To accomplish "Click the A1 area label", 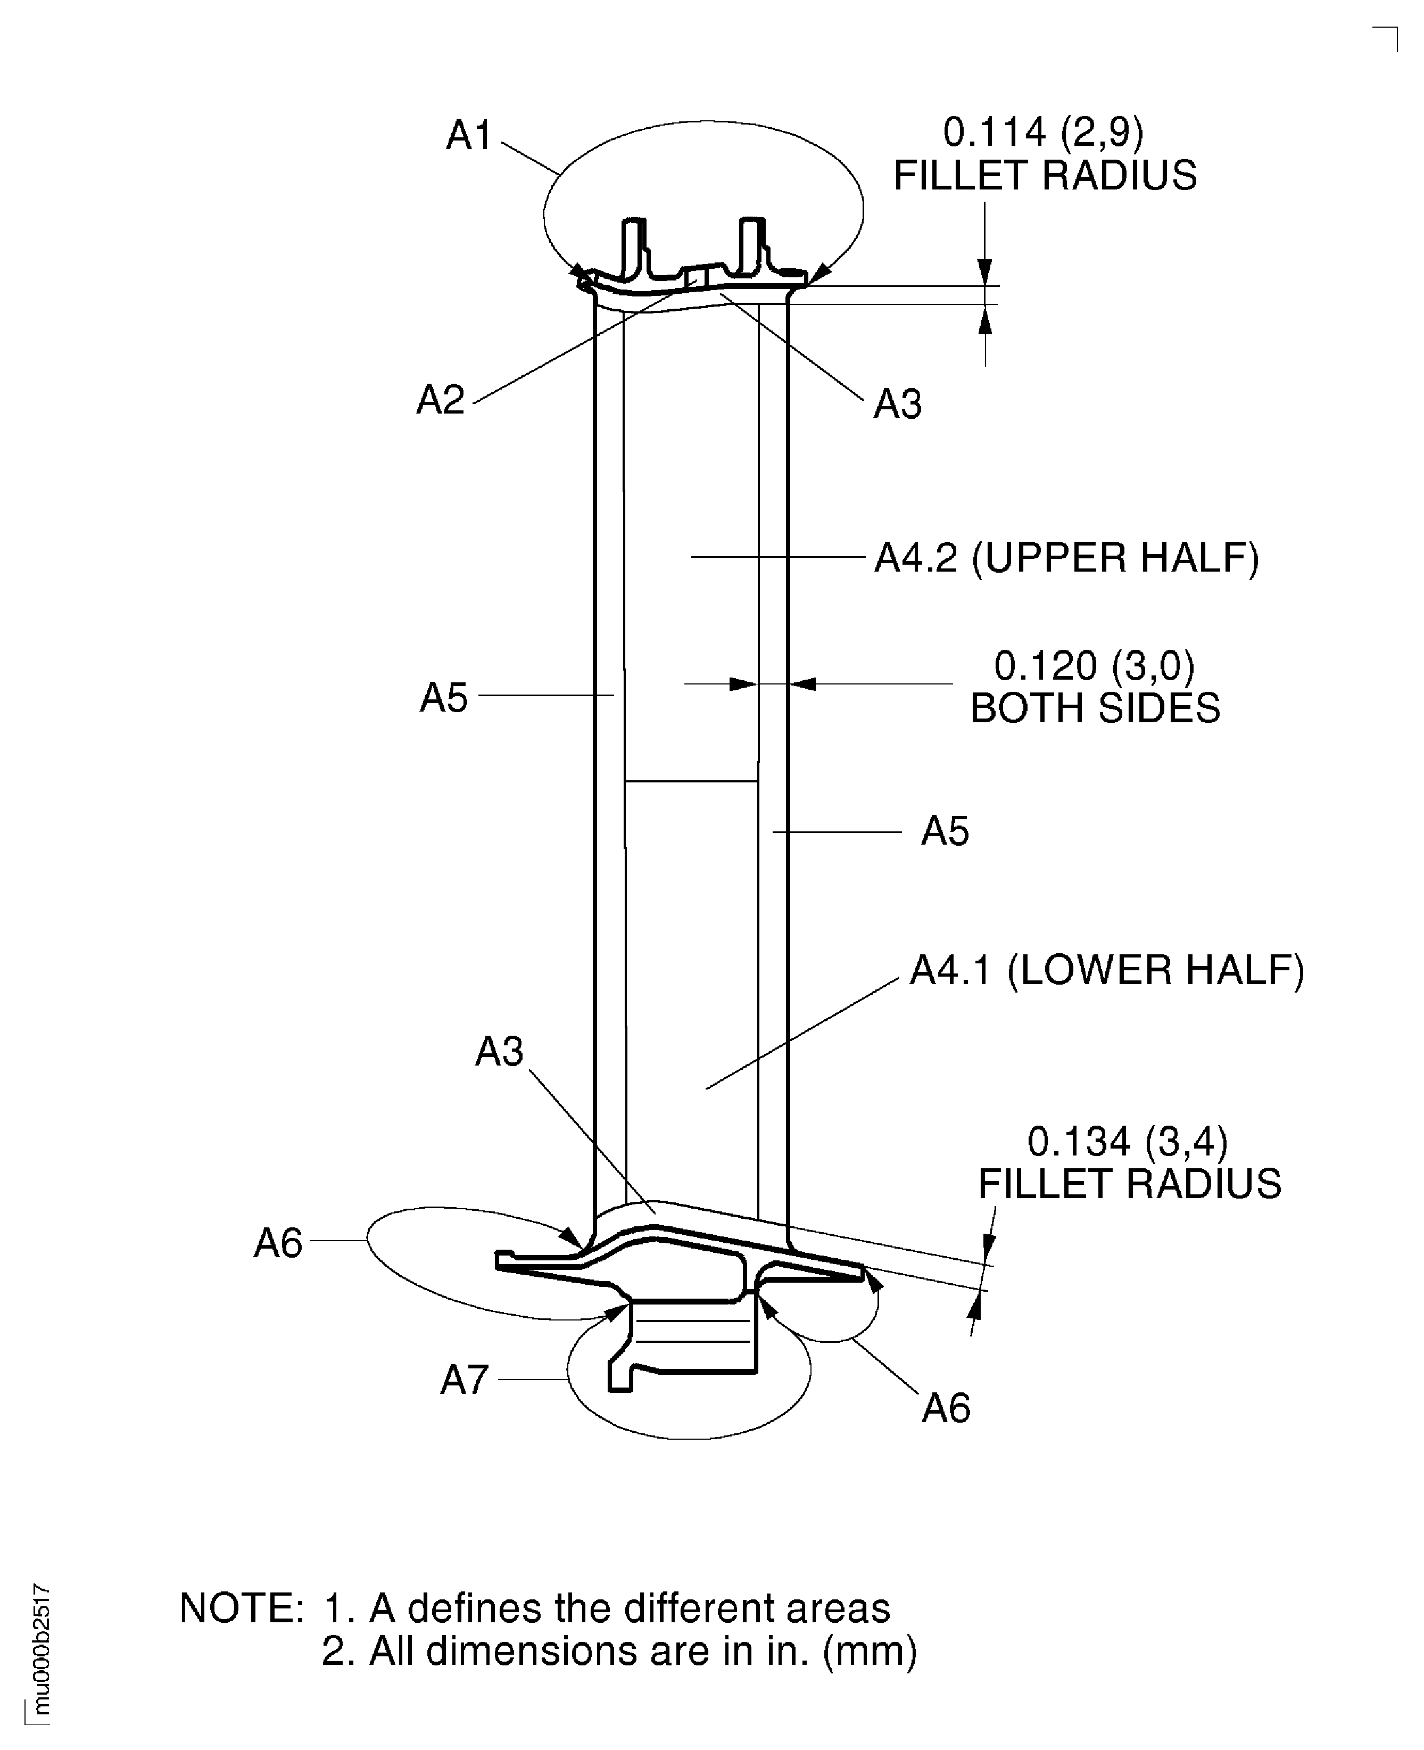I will click(x=468, y=135).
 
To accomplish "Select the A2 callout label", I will click(x=441, y=400).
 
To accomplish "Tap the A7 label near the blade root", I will click(x=464, y=1380).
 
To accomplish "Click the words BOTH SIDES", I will click(x=1095, y=708).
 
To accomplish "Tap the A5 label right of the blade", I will click(x=945, y=831).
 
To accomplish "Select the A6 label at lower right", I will click(x=946, y=1408).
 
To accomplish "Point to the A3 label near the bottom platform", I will click(x=499, y=1051).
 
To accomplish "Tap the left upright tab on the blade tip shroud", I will click(x=633, y=246).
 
